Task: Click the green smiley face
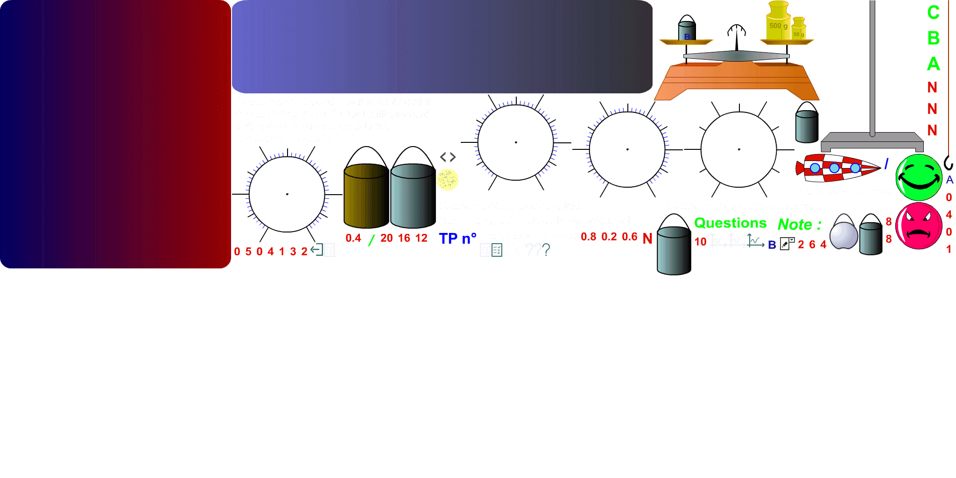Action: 919,178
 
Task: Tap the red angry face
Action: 919,226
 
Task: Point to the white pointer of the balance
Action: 737,37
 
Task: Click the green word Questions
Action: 730,223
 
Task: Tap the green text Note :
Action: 799,225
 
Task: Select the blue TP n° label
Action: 457,239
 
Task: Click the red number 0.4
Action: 353,238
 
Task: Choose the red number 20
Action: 387,238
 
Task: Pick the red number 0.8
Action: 589,237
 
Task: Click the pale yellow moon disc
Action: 448,180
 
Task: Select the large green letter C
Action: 933,13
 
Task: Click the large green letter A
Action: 933,64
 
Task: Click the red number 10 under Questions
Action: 700,242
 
